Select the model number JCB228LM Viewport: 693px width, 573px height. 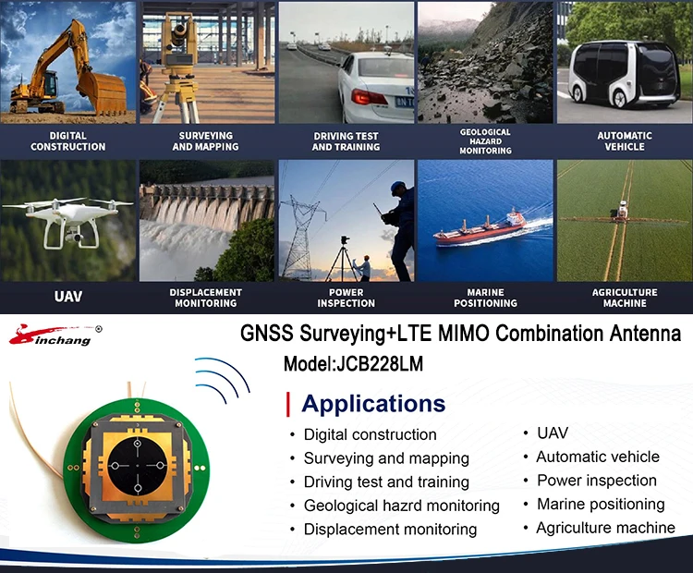click(x=353, y=364)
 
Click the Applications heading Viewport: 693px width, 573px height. click(x=373, y=404)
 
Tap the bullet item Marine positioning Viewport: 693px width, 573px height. click(x=601, y=505)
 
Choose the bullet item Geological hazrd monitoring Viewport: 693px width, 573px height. click(x=401, y=506)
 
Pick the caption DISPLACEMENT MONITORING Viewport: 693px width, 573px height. click(x=205, y=298)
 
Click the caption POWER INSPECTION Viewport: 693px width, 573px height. click(x=346, y=298)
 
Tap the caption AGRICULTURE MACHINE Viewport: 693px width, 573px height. click(x=625, y=298)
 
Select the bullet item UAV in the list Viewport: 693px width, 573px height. click(x=552, y=433)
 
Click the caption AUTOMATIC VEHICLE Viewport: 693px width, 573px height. click(x=625, y=141)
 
